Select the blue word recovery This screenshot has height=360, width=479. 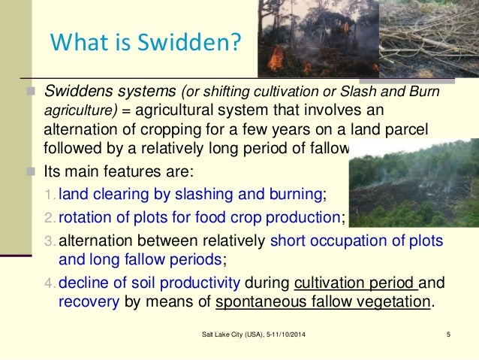coord(85,303)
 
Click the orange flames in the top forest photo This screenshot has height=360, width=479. coord(277,57)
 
